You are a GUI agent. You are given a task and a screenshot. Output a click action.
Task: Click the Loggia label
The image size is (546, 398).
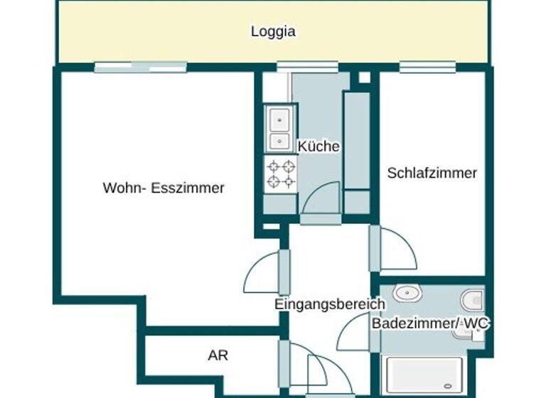point(273,31)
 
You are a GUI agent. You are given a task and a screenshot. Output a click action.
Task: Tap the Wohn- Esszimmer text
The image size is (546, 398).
point(164,188)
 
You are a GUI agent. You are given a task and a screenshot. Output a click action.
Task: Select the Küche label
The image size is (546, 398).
point(318,146)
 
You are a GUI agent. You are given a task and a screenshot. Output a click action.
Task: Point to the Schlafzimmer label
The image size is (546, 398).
point(432,173)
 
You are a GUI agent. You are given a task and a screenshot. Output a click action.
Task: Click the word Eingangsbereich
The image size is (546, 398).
point(330,304)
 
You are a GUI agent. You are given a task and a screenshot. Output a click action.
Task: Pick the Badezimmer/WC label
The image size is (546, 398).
point(431,323)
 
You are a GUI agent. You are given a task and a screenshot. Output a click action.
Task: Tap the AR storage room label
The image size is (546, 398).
point(218,355)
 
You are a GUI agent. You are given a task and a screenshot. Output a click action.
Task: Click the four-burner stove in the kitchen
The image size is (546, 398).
point(281,174)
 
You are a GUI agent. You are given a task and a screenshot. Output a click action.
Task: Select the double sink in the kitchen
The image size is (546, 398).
point(280,129)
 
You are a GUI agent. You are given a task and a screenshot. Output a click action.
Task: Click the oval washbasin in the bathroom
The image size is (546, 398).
point(407,293)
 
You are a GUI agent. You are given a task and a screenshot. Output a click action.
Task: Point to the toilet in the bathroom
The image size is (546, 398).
point(472,298)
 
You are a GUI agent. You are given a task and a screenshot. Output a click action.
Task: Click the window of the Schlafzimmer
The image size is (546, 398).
point(427,68)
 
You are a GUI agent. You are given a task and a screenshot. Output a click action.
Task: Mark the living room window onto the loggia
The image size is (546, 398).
point(141,68)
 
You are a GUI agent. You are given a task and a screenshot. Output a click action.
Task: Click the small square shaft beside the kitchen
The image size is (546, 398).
point(364,77)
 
